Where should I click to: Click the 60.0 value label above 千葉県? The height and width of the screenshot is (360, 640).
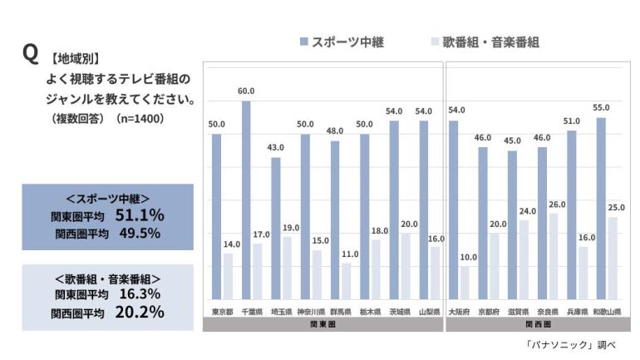click(x=246, y=91)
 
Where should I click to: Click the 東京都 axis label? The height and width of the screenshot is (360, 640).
click(x=222, y=312)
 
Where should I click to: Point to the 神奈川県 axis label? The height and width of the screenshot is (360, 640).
click(x=311, y=312)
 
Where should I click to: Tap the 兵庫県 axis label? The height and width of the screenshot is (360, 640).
click(x=578, y=312)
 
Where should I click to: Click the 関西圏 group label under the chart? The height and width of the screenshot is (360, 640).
click(x=533, y=324)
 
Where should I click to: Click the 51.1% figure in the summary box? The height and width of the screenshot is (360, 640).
click(x=140, y=215)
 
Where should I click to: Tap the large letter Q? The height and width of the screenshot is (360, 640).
click(x=31, y=54)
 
